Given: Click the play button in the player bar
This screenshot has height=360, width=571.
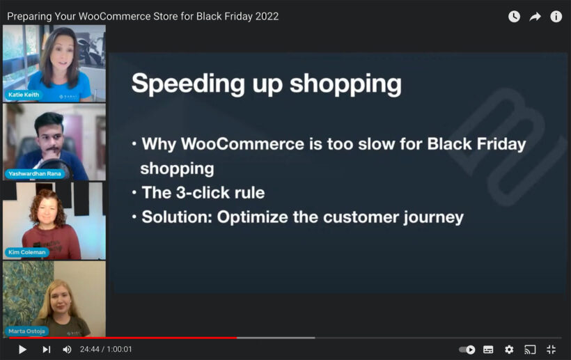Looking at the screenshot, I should point(22,349).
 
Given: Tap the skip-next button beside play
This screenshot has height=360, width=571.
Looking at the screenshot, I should point(46,349).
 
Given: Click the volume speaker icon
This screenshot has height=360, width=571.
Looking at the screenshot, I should point(67,349).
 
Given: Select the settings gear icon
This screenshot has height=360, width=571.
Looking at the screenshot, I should point(509,349).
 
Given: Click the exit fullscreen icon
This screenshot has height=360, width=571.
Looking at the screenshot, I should point(551,349).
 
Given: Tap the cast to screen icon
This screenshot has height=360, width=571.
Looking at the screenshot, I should point(530,349).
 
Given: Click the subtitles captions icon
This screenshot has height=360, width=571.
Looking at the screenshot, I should point(488,349).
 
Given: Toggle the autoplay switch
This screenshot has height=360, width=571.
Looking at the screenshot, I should point(467,349).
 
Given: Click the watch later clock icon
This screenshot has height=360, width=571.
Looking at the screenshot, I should point(514,16).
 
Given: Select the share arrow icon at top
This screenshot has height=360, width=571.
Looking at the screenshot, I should point(535,16).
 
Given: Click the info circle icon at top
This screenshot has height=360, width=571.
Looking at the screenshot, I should point(556,16).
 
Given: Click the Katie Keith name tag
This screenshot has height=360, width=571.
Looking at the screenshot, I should point(24,95).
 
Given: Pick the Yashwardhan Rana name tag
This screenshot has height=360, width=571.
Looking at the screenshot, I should point(35,173).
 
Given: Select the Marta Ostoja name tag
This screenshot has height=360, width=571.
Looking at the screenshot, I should point(27,331).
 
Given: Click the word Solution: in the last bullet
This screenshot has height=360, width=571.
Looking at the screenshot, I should point(177,217).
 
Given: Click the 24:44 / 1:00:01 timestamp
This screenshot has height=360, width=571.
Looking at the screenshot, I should point(106,349).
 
